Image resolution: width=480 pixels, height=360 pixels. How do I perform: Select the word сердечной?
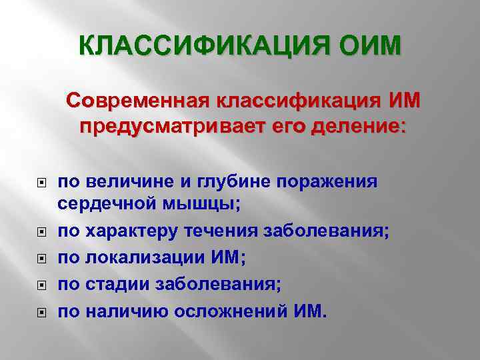pos(100,203)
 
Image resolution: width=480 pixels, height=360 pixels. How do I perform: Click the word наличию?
pos(121,311)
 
